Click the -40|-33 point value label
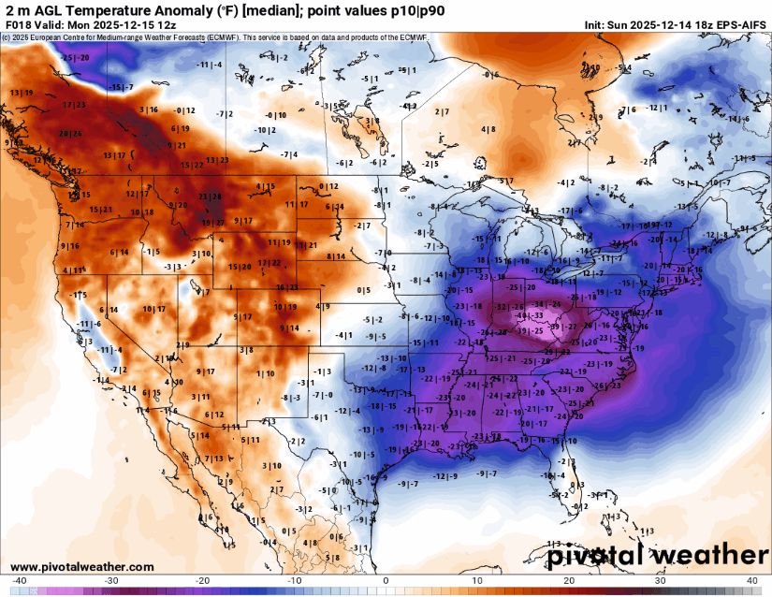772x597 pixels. (x=530, y=316)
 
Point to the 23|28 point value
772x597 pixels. (x=211, y=197)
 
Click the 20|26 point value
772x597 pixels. (x=70, y=134)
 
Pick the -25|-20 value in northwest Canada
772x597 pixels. (x=76, y=58)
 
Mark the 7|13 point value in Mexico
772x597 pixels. (x=212, y=459)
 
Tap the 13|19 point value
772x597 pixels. (x=22, y=92)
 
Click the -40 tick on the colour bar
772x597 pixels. (x=20, y=580)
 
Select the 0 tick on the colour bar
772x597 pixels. (x=386, y=580)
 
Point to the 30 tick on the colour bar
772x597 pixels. (x=661, y=580)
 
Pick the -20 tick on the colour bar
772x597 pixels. (x=202, y=580)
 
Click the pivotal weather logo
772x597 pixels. (x=657, y=556)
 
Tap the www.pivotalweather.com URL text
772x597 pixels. (x=82, y=567)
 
